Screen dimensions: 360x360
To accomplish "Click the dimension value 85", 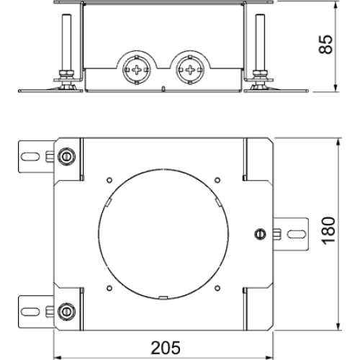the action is coord(325,44).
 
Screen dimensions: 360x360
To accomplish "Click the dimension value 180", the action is coord(328,231).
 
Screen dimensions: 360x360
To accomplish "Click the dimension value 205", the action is coord(166,348).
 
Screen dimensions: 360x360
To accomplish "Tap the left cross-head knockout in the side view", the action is coord(137,70).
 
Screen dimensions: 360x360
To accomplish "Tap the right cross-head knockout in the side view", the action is coord(190,70).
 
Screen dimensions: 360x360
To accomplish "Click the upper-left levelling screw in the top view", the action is coord(66,156).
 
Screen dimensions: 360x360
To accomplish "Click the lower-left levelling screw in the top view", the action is coord(66,312).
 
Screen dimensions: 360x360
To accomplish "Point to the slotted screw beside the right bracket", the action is coord(260,234).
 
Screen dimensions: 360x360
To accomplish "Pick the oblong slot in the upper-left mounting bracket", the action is coord(30,156).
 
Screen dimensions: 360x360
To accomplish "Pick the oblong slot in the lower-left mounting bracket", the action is coord(30,312).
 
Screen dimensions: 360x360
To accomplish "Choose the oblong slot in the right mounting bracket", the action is coord(297,234).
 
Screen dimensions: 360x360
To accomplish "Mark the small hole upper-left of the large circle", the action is coord(109,180).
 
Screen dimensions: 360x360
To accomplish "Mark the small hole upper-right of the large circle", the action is coord(217,180).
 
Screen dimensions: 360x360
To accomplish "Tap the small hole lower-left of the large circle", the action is coord(109,288).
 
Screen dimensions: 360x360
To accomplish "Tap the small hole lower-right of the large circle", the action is coord(217,288).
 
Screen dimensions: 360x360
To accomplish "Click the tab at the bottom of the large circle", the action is coord(163,298).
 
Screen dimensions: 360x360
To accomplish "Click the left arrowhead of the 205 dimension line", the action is coord(57,356).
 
